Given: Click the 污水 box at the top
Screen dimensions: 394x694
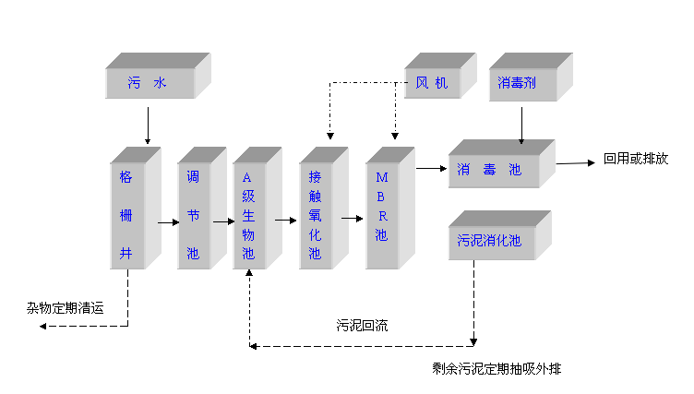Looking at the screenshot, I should (150, 83).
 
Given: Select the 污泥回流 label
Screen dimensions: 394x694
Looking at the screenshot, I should (362, 326).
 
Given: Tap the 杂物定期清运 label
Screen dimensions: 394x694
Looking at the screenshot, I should (65, 308).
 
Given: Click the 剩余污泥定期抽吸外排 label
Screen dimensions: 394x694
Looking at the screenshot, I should (497, 369).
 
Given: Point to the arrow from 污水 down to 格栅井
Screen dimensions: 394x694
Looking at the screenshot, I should (148, 125).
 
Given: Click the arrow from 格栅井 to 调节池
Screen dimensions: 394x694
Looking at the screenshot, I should (167, 221).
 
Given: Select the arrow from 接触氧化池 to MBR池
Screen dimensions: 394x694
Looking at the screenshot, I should (352, 219).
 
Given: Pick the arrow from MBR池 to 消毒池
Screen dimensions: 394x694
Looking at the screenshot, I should (430, 168).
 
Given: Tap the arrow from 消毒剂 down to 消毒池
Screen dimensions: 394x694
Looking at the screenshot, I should (521, 125).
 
